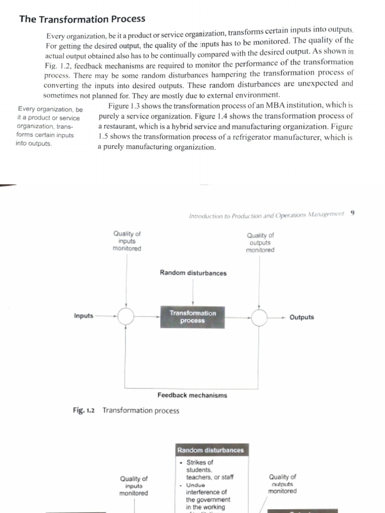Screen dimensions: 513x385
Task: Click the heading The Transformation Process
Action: (x=82, y=19)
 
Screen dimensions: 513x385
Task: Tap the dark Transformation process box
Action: (x=192, y=317)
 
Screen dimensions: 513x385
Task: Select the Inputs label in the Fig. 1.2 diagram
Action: (x=83, y=316)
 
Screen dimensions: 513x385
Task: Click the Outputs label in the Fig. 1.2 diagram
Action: (x=301, y=317)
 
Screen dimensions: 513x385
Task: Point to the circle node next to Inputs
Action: (x=126, y=316)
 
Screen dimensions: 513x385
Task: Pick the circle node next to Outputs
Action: (x=259, y=317)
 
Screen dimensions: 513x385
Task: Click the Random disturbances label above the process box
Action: (x=193, y=273)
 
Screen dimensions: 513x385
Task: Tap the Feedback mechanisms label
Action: (x=192, y=395)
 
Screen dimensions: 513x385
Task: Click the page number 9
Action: (x=353, y=212)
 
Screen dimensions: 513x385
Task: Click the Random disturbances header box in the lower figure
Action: (x=211, y=450)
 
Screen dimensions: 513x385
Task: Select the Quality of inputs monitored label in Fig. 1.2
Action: (x=127, y=240)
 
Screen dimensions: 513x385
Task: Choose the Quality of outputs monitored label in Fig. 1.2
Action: (x=260, y=242)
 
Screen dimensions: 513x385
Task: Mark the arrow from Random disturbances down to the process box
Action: (x=194, y=291)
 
